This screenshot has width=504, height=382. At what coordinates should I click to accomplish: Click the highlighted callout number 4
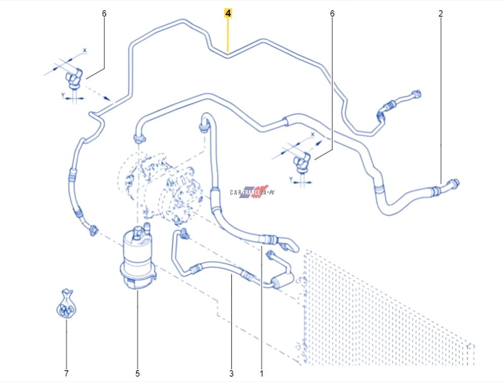tap(228, 13)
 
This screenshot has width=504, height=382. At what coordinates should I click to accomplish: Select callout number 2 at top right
tap(440, 14)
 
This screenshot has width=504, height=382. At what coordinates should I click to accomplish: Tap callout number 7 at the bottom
tap(66, 373)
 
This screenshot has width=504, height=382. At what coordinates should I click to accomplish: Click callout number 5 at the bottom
tap(137, 373)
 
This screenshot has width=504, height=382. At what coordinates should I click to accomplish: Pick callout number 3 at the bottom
tap(232, 373)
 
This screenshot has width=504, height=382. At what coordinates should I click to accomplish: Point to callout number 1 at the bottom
tap(262, 373)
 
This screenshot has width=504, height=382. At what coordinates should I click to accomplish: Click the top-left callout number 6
tap(104, 14)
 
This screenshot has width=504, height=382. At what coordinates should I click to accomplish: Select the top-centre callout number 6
tap(332, 14)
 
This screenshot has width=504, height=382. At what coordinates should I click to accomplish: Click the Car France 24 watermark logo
tap(253, 192)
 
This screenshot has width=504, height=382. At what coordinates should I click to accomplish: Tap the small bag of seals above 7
tap(66, 304)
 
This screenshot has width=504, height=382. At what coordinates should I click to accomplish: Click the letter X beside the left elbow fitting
tap(85, 50)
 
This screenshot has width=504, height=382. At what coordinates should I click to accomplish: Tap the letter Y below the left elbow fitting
tap(63, 95)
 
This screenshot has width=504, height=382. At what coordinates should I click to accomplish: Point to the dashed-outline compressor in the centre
tap(161, 186)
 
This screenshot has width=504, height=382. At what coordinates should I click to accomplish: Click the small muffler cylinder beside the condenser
tap(283, 280)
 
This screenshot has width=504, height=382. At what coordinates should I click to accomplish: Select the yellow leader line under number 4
tap(228, 35)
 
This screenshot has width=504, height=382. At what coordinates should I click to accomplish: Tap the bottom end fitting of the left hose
tap(93, 230)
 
